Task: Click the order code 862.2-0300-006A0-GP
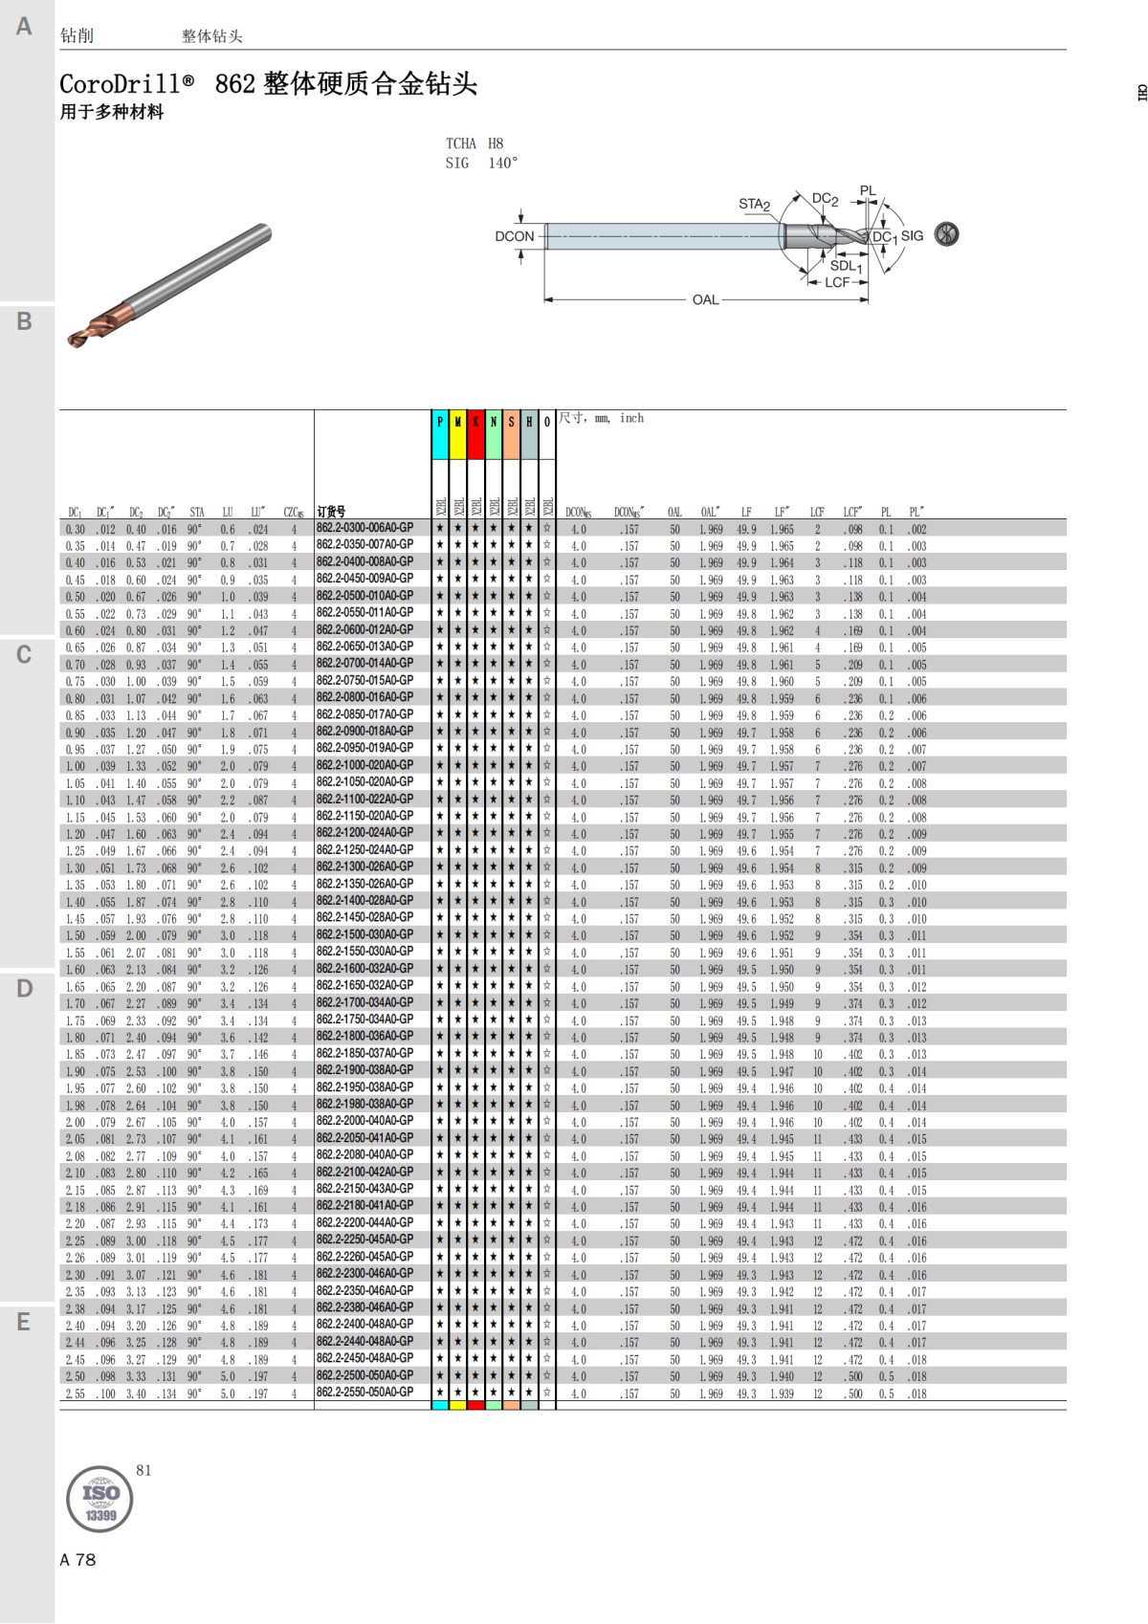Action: pos(364,528)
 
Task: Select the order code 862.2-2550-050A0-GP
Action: pos(364,1393)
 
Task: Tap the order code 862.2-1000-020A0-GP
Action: pos(364,765)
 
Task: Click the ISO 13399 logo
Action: pos(99,1499)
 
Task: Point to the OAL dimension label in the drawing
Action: pos(705,300)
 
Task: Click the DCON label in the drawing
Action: pos(515,236)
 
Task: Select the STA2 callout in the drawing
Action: pos(754,204)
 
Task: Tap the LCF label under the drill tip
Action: pos(837,283)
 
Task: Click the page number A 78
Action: pos(77,1560)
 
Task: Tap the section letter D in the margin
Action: pos(25,988)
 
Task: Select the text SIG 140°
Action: pos(481,164)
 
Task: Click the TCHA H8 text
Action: pos(475,143)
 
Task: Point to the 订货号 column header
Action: pos(331,512)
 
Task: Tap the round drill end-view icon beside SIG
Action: pos(946,234)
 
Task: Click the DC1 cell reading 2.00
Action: pos(75,1123)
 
